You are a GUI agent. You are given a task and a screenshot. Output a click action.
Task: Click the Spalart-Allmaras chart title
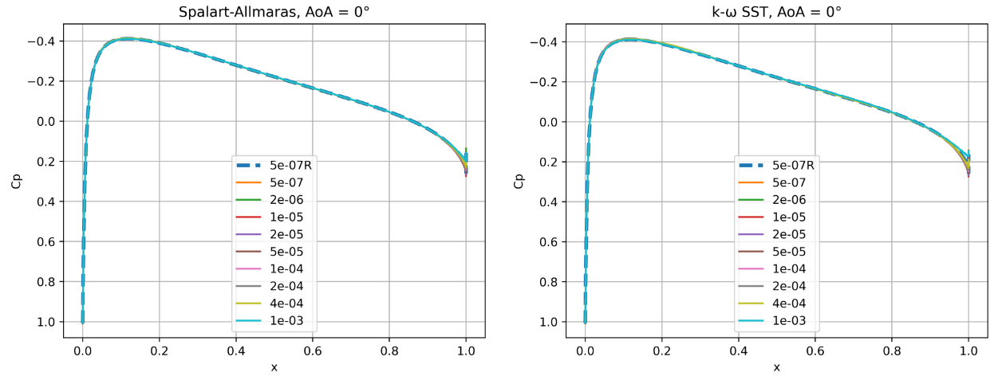(x=274, y=11)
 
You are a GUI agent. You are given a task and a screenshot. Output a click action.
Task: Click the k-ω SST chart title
(x=777, y=11)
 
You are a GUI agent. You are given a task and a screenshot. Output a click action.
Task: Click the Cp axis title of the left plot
(x=18, y=180)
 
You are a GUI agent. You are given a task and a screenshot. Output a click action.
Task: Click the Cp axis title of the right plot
(x=520, y=180)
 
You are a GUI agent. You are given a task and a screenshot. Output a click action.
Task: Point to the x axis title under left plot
(x=274, y=366)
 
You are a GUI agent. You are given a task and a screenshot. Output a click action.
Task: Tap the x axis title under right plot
(x=777, y=366)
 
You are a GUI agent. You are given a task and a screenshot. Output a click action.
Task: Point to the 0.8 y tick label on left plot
(x=47, y=282)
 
